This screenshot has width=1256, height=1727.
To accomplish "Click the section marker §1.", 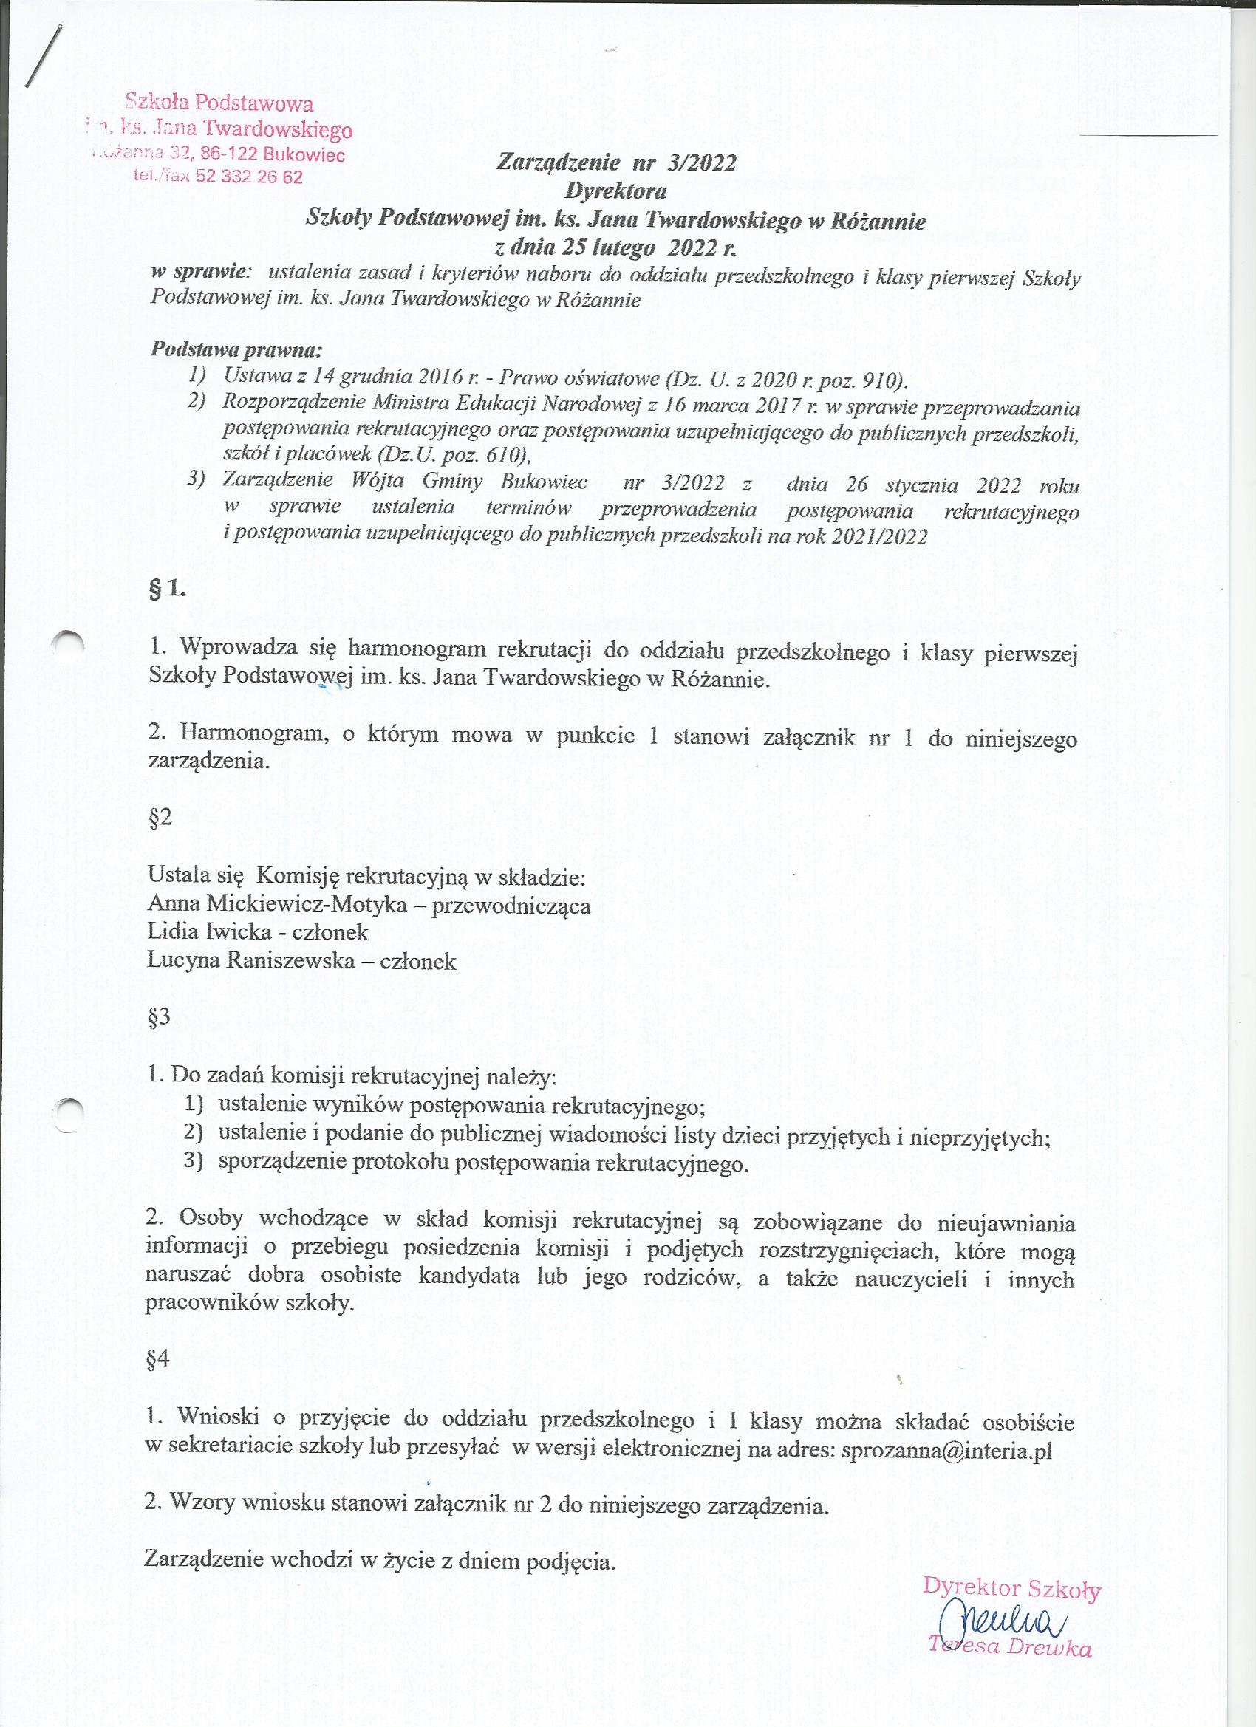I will (x=167, y=588).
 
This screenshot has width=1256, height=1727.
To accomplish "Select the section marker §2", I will (x=160, y=816).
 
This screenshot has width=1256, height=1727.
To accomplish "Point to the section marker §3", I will (x=159, y=1018).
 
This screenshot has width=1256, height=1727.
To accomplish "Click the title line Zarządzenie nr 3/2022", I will (x=616, y=163).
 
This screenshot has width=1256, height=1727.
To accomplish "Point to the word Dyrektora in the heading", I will (x=616, y=191).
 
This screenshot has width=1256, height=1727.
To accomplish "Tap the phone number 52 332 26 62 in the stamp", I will (x=248, y=177).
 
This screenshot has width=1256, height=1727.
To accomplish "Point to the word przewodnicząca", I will (x=511, y=906).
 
